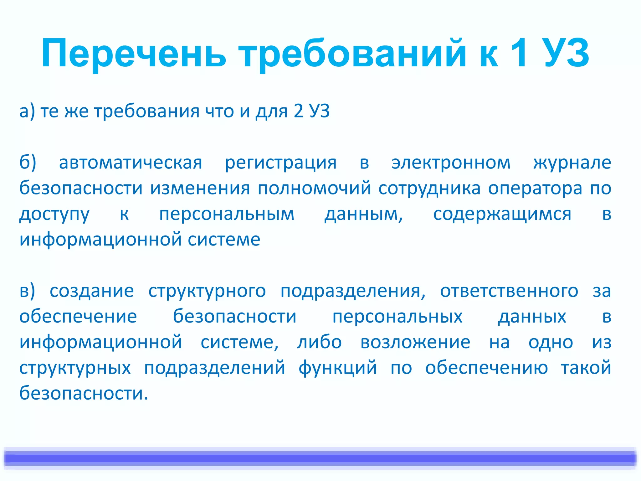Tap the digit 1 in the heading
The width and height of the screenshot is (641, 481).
[x=519, y=53]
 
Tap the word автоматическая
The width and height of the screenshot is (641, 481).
[x=131, y=163]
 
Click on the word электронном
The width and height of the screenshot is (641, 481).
[x=451, y=163]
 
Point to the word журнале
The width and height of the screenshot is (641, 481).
[x=572, y=163]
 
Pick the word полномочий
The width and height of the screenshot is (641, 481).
[x=314, y=189]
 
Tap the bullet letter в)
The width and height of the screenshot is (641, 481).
[x=27, y=291]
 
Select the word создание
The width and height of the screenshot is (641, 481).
[x=92, y=291]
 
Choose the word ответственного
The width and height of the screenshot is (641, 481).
[x=509, y=291]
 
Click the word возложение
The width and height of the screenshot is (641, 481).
[x=415, y=342]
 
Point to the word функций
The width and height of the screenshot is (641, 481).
[x=338, y=368]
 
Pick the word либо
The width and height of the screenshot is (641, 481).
[x=319, y=342]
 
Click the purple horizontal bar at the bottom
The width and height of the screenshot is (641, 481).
[x=320, y=458]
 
